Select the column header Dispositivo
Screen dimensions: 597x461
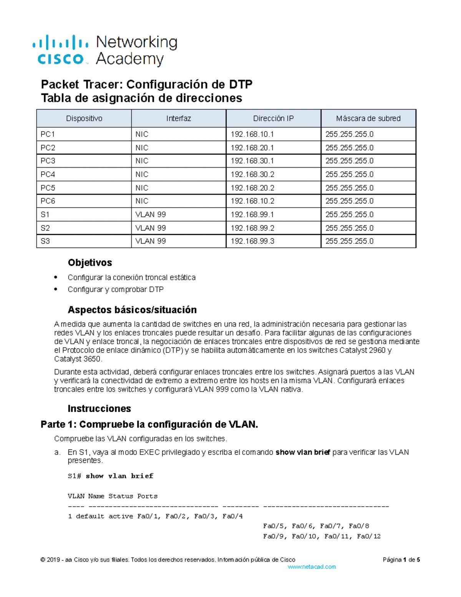(x=84, y=118)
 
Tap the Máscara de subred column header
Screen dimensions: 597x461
(x=368, y=118)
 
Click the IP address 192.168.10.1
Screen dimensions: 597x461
(x=252, y=134)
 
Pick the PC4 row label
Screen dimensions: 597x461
(x=48, y=174)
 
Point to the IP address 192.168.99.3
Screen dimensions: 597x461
(x=252, y=241)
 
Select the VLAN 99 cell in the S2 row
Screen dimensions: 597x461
(x=151, y=228)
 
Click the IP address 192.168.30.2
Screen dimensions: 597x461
(x=252, y=174)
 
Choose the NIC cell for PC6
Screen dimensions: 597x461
(x=142, y=201)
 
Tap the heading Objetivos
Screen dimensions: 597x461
(x=90, y=263)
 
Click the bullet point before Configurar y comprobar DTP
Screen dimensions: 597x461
(x=56, y=289)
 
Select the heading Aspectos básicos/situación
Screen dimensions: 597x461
(x=132, y=310)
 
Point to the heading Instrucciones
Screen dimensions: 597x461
(x=99, y=408)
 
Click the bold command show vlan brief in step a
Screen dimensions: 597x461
(x=303, y=452)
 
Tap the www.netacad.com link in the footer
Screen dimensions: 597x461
(x=312, y=567)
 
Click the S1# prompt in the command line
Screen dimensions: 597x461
(x=74, y=476)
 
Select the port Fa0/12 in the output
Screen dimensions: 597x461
(x=368, y=536)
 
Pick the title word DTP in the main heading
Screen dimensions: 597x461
(x=240, y=84)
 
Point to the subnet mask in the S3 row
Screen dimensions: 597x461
(x=349, y=241)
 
